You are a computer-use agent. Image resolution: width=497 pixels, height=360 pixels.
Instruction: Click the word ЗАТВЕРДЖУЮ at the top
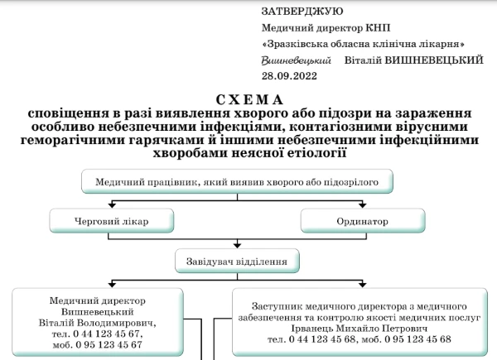point(302,12)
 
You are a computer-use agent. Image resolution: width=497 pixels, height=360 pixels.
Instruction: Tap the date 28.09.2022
point(289,76)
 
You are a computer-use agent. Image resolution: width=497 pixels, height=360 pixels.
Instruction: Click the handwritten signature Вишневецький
point(296,60)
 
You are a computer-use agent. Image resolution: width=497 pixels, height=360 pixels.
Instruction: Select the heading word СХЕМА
point(249,100)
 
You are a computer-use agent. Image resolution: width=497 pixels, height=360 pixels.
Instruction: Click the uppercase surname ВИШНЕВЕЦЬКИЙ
point(434,60)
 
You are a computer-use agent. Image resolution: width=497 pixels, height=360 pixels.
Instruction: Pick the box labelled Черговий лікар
point(112,221)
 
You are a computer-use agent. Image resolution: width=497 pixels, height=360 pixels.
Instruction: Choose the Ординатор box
point(363,221)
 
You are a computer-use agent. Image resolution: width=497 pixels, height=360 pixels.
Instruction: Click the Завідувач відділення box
point(237,261)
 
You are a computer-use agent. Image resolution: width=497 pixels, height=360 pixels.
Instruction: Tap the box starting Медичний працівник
point(237,181)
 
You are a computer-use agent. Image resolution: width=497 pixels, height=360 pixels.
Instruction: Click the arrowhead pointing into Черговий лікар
point(112,205)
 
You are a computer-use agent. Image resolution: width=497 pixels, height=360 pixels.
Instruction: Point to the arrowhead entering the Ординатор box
point(363,205)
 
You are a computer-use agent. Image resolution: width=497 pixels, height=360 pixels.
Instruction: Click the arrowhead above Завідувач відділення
point(237,246)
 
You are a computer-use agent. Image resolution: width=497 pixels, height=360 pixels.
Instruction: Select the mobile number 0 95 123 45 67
point(109,345)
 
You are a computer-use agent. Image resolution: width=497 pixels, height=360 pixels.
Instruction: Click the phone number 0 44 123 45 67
point(107,334)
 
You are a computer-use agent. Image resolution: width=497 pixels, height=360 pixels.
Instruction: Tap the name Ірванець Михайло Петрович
point(359,329)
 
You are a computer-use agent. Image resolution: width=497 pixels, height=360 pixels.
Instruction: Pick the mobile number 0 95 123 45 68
point(417,339)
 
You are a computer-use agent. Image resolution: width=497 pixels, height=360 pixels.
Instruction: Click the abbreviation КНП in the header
point(378,28)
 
